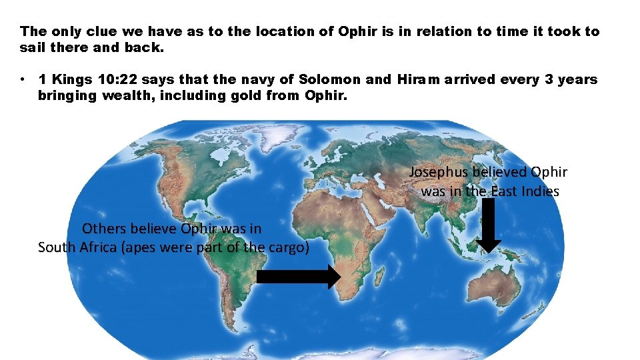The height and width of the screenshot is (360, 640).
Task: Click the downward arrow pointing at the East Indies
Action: (x=490, y=227)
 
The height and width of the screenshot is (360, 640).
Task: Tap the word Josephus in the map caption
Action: (x=439, y=172)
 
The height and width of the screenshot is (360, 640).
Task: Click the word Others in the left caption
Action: (x=103, y=229)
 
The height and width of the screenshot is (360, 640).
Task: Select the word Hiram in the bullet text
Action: (x=418, y=79)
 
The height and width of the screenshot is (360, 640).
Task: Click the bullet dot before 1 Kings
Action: (x=23, y=79)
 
